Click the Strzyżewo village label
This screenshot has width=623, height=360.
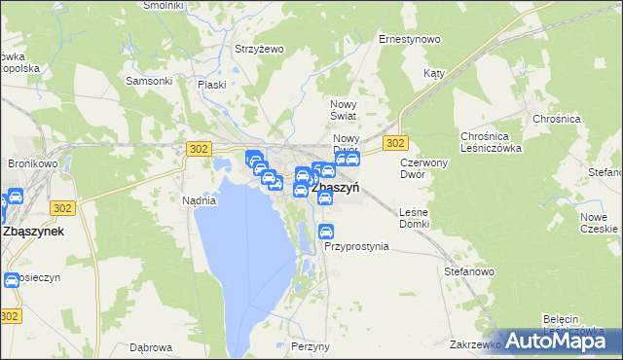pos(259,49)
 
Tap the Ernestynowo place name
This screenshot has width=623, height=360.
pos(410,40)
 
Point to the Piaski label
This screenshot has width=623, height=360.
pos(211,85)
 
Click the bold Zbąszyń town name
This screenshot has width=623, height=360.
pos(336,190)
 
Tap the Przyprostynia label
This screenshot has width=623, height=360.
pos(356,247)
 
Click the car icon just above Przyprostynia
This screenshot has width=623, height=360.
pos(327,232)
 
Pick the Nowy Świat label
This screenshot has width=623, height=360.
pos(346,110)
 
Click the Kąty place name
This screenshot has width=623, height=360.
pos(434,74)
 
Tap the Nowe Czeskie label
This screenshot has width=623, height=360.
pos(599,223)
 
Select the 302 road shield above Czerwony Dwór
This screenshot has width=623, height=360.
pos(394,143)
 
